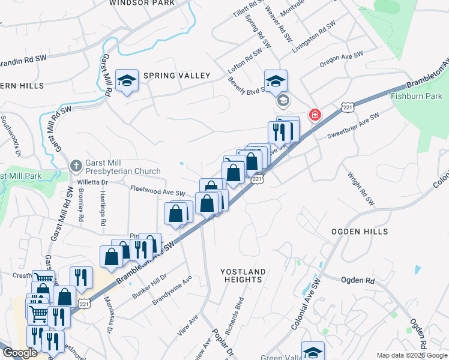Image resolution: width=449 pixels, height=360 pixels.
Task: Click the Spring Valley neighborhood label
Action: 176,76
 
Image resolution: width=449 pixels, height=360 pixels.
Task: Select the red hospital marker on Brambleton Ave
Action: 314,115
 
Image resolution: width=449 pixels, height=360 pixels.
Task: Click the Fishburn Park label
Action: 416,96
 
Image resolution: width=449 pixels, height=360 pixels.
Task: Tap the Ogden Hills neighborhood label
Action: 360,232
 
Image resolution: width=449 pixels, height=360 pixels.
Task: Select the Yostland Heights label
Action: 241,276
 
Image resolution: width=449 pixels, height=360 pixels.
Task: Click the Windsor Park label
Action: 142,3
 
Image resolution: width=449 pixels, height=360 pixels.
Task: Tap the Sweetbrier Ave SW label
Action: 353,125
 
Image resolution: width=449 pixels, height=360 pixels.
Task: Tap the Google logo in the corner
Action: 20,353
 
